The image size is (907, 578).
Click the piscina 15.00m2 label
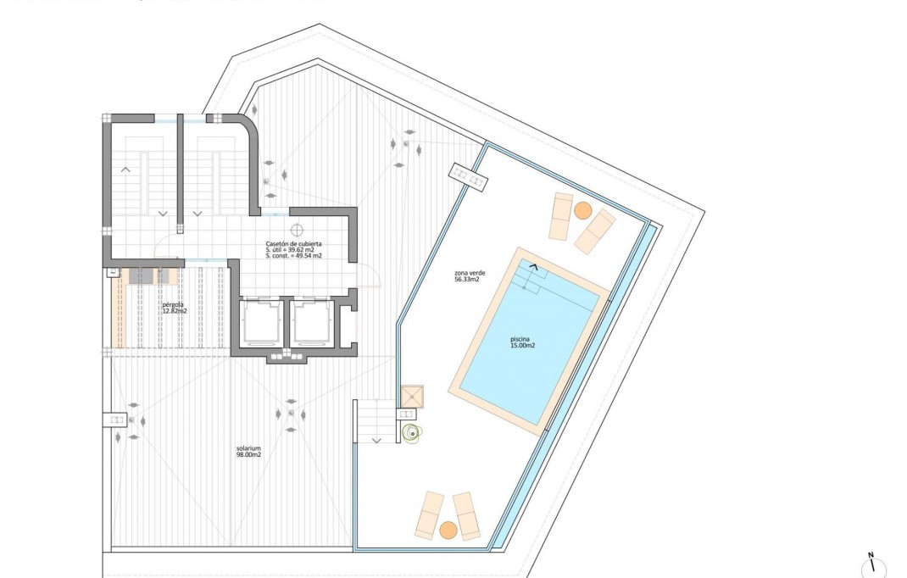(522, 342)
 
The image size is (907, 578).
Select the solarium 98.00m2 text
(248, 451)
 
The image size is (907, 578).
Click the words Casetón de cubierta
(293, 243)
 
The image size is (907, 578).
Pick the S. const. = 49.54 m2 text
(293, 255)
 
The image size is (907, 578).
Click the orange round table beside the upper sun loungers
(582, 209)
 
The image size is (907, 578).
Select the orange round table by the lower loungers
(448, 530)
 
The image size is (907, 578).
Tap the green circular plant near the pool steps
(412, 433)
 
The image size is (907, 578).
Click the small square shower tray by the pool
(412, 396)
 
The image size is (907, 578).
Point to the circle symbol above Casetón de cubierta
(297, 229)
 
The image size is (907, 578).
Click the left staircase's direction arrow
(126, 170)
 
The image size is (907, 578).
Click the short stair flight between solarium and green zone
(374, 422)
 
